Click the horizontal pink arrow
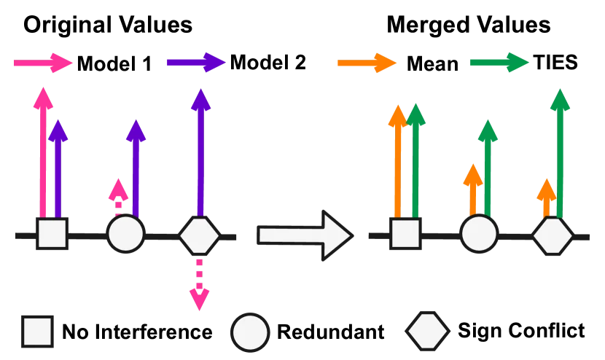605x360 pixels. click(x=43, y=63)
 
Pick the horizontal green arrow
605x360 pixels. click(x=499, y=63)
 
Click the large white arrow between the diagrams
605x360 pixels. click(x=305, y=235)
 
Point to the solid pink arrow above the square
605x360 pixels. click(x=43, y=153)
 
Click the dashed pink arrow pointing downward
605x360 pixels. click(x=199, y=285)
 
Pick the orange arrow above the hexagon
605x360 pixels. click(x=546, y=197)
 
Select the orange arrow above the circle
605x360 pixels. click(x=473, y=189)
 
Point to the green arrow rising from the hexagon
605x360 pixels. click(x=560, y=153)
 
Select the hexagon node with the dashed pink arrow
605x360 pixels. click(x=199, y=235)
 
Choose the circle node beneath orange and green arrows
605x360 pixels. click(x=479, y=235)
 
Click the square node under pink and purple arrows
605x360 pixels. click(x=52, y=235)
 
